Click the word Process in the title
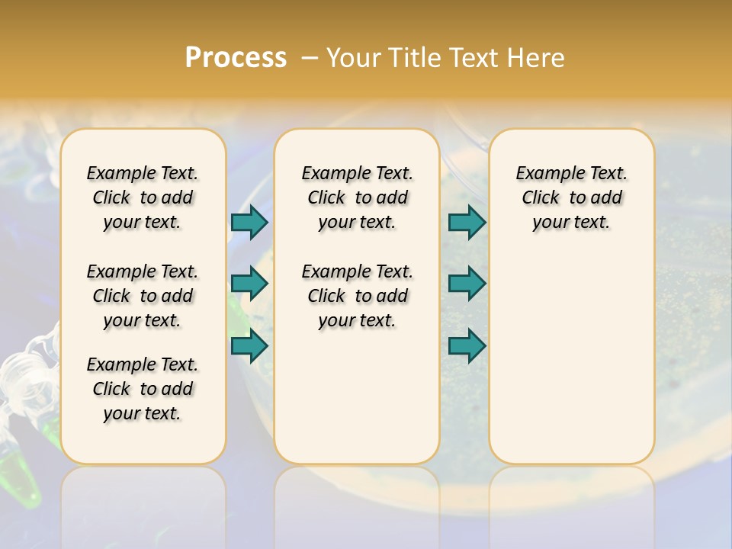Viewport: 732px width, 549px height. click(x=236, y=58)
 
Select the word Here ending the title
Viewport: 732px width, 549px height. click(x=535, y=58)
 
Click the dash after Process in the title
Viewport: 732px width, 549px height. click(x=310, y=59)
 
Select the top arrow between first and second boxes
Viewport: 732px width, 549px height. click(x=249, y=222)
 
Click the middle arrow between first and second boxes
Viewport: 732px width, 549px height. click(x=249, y=284)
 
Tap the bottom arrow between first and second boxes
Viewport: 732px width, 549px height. click(x=249, y=345)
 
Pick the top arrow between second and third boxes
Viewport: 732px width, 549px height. click(x=467, y=222)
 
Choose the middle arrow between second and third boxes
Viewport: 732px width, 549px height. click(x=467, y=284)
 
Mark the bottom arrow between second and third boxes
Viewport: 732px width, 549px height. click(x=467, y=345)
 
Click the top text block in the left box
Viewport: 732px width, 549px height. click(x=143, y=197)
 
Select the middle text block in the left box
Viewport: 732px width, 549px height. click(x=143, y=296)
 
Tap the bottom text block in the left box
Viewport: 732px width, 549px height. click(x=143, y=389)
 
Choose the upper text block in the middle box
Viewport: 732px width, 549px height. click(x=357, y=197)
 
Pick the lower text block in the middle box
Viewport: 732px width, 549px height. click(x=357, y=296)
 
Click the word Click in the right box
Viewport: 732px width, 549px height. click(x=541, y=197)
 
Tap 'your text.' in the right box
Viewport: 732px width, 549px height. click(x=571, y=222)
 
